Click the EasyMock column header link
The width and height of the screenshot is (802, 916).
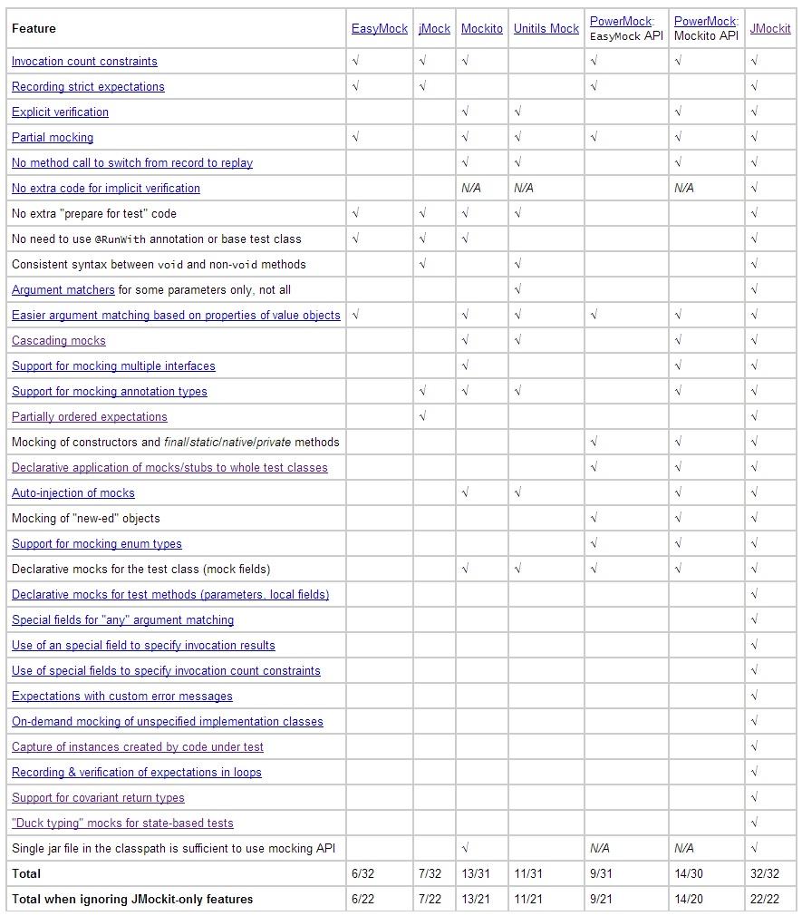click(379, 29)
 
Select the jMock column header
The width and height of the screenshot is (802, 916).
click(434, 29)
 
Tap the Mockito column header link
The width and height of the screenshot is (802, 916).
click(481, 29)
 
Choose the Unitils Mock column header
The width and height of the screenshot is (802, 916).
click(546, 29)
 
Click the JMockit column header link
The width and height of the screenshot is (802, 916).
click(769, 29)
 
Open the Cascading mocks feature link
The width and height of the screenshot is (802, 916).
click(59, 341)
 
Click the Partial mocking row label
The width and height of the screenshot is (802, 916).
click(53, 138)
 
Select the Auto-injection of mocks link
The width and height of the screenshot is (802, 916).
click(73, 493)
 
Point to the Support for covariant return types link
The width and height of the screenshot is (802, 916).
click(98, 798)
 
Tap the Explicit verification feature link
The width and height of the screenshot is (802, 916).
click(60, 112)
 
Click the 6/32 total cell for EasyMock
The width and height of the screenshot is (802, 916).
click(362, 874)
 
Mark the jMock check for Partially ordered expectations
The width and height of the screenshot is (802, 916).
click(423, 417)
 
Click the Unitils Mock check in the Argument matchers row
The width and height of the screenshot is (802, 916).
click(517, 290)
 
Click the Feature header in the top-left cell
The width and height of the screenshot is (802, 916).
click(34, 29)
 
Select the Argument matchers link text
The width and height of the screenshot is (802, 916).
click(63, 290)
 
